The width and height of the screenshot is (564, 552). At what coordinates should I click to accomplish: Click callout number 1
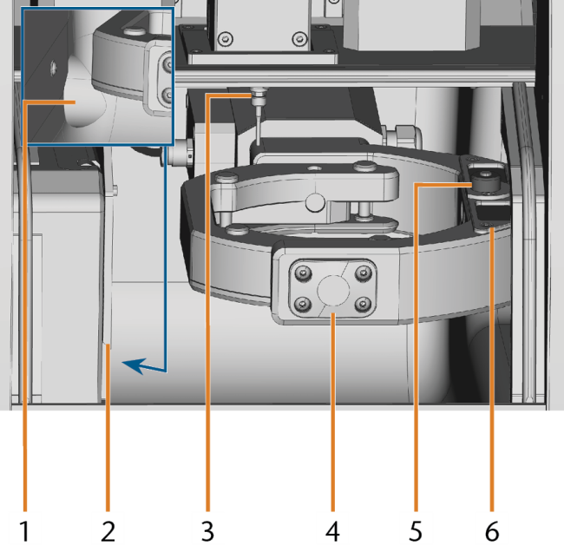tap(24, 531)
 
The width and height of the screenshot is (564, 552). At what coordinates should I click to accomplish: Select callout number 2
tap(108, 531)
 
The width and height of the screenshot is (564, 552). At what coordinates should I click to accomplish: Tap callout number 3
tap(207, 531)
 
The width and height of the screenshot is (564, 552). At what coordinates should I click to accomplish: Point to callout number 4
tap(332, 531)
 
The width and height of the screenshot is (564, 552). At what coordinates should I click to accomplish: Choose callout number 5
tap(416, 531)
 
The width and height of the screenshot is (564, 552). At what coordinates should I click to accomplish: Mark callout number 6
tap(492, 531)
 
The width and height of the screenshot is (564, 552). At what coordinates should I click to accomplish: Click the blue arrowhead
tap(134, 365)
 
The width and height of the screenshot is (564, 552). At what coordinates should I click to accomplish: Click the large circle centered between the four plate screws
tap(333, 291)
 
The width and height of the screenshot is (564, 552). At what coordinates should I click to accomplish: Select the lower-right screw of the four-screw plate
tap(363, 305)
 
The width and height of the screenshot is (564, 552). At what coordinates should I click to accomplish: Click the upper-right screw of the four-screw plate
tap(364, 273)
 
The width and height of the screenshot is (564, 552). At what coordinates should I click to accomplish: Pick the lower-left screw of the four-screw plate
tap(303, 305)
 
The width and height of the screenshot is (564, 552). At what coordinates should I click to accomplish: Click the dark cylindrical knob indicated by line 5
tap(486, 181)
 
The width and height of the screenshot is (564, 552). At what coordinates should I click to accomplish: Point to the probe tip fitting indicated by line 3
tap(259, 96)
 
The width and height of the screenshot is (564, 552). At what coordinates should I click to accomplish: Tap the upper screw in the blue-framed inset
tap(167, 65)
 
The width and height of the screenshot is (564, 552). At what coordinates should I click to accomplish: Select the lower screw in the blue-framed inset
tap(167, 95)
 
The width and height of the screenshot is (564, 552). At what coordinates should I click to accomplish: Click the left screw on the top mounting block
tap(226, 38)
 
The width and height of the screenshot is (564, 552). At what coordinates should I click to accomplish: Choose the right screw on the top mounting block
tap(299, 38)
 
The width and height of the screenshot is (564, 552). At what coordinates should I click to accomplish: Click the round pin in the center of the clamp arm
tap(315, 202)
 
